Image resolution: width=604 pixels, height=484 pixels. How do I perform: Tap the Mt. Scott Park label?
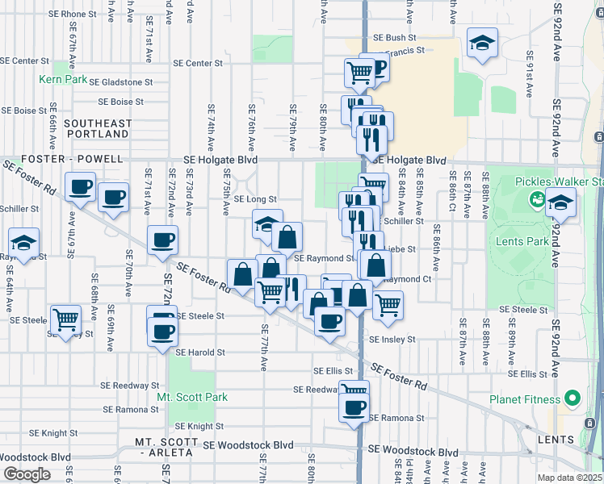[192, 397]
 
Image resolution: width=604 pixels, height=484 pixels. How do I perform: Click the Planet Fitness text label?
[525, 399]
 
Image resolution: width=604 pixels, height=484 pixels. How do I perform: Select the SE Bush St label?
[394, 38]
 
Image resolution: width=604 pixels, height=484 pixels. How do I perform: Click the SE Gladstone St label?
[120, 82]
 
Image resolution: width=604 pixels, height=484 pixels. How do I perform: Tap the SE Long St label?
[255, 199]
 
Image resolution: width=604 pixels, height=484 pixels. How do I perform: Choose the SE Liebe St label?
[399, 250]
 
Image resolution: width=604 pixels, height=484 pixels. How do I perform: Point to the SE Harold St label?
[200, 353]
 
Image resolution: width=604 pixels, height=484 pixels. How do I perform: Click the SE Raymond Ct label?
[409, 279]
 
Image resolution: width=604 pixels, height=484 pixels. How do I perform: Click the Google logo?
[27, 474]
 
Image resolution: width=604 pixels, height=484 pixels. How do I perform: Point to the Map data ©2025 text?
[569, 478]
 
